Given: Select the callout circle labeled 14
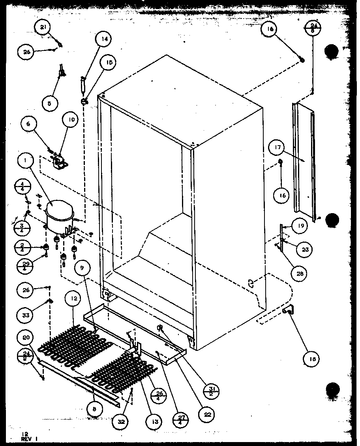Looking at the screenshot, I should (104, 39).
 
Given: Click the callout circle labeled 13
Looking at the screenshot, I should (155, 422).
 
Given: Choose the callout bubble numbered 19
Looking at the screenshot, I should (300, 226).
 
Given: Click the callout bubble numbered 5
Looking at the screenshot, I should (50, 103).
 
